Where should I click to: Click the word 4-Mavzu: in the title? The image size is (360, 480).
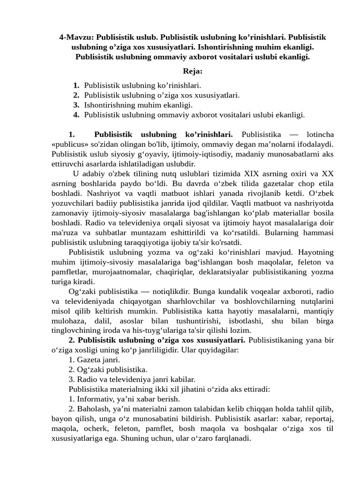76,37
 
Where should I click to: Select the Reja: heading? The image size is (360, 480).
193,71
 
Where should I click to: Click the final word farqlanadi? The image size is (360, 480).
231,439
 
